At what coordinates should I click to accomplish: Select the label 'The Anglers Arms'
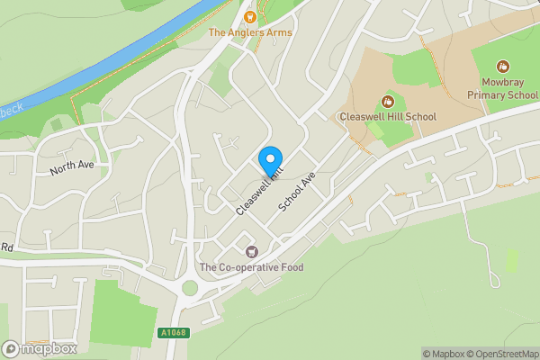[250, 32]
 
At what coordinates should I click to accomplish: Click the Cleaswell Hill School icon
[387, 101]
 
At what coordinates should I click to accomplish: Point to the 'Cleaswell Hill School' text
[387, 117]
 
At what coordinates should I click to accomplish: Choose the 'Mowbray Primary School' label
[502, 87]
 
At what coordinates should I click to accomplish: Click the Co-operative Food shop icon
[251, 251]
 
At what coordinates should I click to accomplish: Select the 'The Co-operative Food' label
[252, 267]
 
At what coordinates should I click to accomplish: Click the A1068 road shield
[175, 332]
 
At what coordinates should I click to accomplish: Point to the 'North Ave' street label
[71, 166]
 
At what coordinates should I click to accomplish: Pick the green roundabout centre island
[189, 289]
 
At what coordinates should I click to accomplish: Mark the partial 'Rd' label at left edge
[5, 247]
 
